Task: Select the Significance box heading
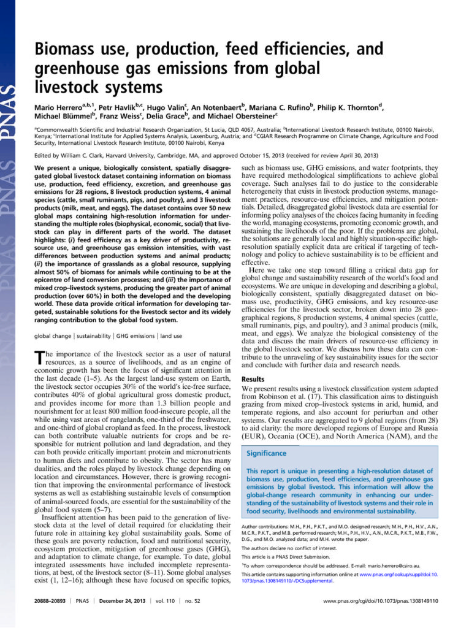coord(267,453)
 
